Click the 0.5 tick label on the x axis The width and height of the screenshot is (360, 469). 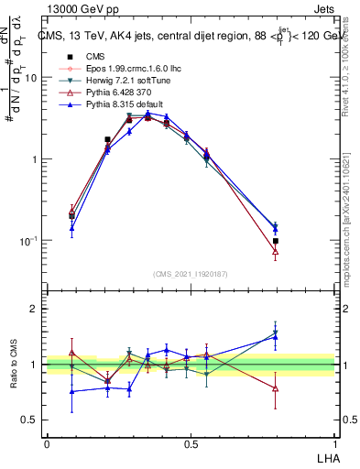tap(191, 443)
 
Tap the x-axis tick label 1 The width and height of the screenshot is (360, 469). tap(334, 443)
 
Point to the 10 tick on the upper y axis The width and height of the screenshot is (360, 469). tap(30, 78)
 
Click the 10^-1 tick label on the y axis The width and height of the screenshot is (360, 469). tap(28, 241)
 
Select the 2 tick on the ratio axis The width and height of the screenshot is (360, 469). tap(35, 309)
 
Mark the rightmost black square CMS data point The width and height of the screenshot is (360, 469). tap(276, 241)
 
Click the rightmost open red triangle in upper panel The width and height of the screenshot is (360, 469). tap(276, 250)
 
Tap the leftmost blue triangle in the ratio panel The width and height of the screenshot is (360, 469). tap(72, 391)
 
